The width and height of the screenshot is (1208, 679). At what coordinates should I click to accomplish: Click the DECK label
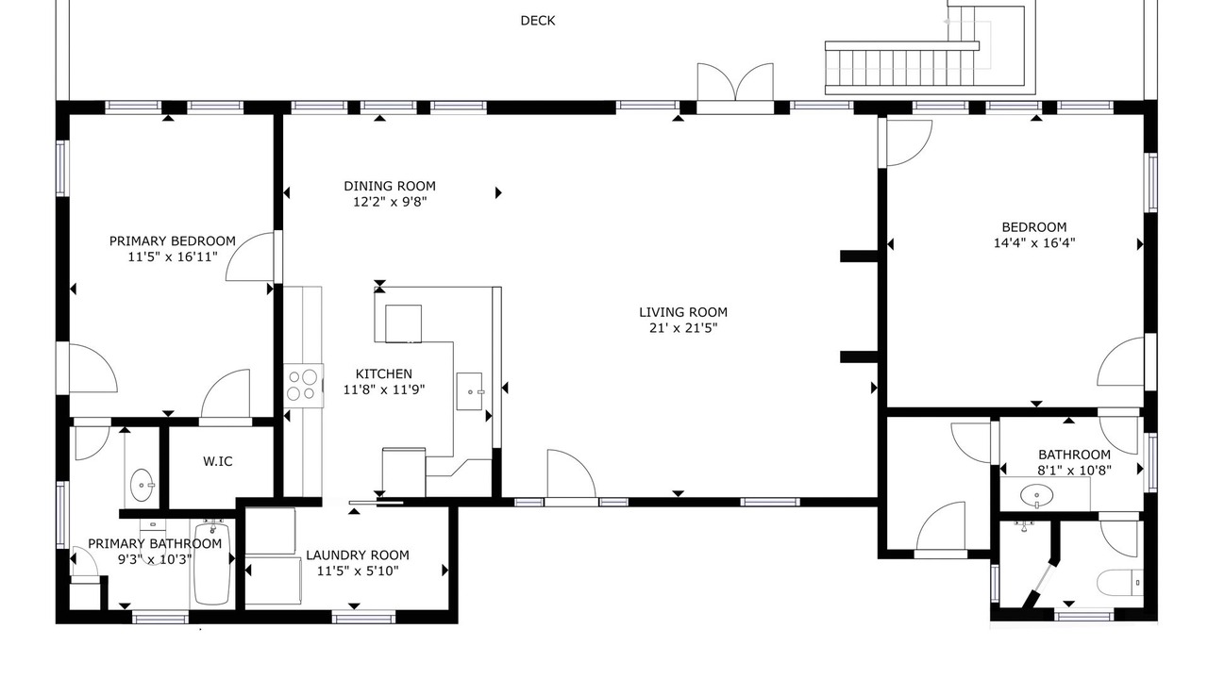pyautogui.click(x=538, y=21)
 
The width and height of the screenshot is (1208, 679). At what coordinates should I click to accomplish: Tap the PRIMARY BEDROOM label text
pyautogui.click(x=173, y=240)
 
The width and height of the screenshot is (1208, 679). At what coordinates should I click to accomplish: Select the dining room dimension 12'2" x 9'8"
pyautogui.click(x=390, y=202)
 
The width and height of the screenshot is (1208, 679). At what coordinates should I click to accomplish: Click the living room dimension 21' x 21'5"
pyautogui.click(x=683, y=327)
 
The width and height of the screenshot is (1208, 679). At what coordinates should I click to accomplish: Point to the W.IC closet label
pyautogui.click(x=218, y=461)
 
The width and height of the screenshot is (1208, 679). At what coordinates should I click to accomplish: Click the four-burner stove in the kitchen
pyautogui.click(x=304, y=386)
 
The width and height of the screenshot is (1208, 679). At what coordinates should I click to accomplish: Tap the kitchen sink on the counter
pyautogui.click(x=470, y=391)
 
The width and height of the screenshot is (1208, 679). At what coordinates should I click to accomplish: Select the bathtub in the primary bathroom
pyautogui.click(x=212, y=563)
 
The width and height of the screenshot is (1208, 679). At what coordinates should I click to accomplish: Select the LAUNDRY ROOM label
pyautogui.click(x=358, y=555)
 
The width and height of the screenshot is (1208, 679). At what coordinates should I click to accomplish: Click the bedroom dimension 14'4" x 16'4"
pyautogui.click(x=1034, y=243)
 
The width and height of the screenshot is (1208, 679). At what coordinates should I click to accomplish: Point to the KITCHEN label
pyautogui.click(x=384, y=373)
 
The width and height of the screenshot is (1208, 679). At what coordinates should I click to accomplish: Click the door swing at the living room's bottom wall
pyautogui.click(x=572, y=473)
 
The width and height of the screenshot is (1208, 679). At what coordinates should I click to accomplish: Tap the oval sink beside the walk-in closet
pyautogui.click(x=143, y=485)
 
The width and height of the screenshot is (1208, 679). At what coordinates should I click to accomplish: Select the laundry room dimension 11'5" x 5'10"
pyautogui.click(x=358, y=571)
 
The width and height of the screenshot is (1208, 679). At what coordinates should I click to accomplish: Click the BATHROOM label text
pyautogui.click(x=1074, y=455)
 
